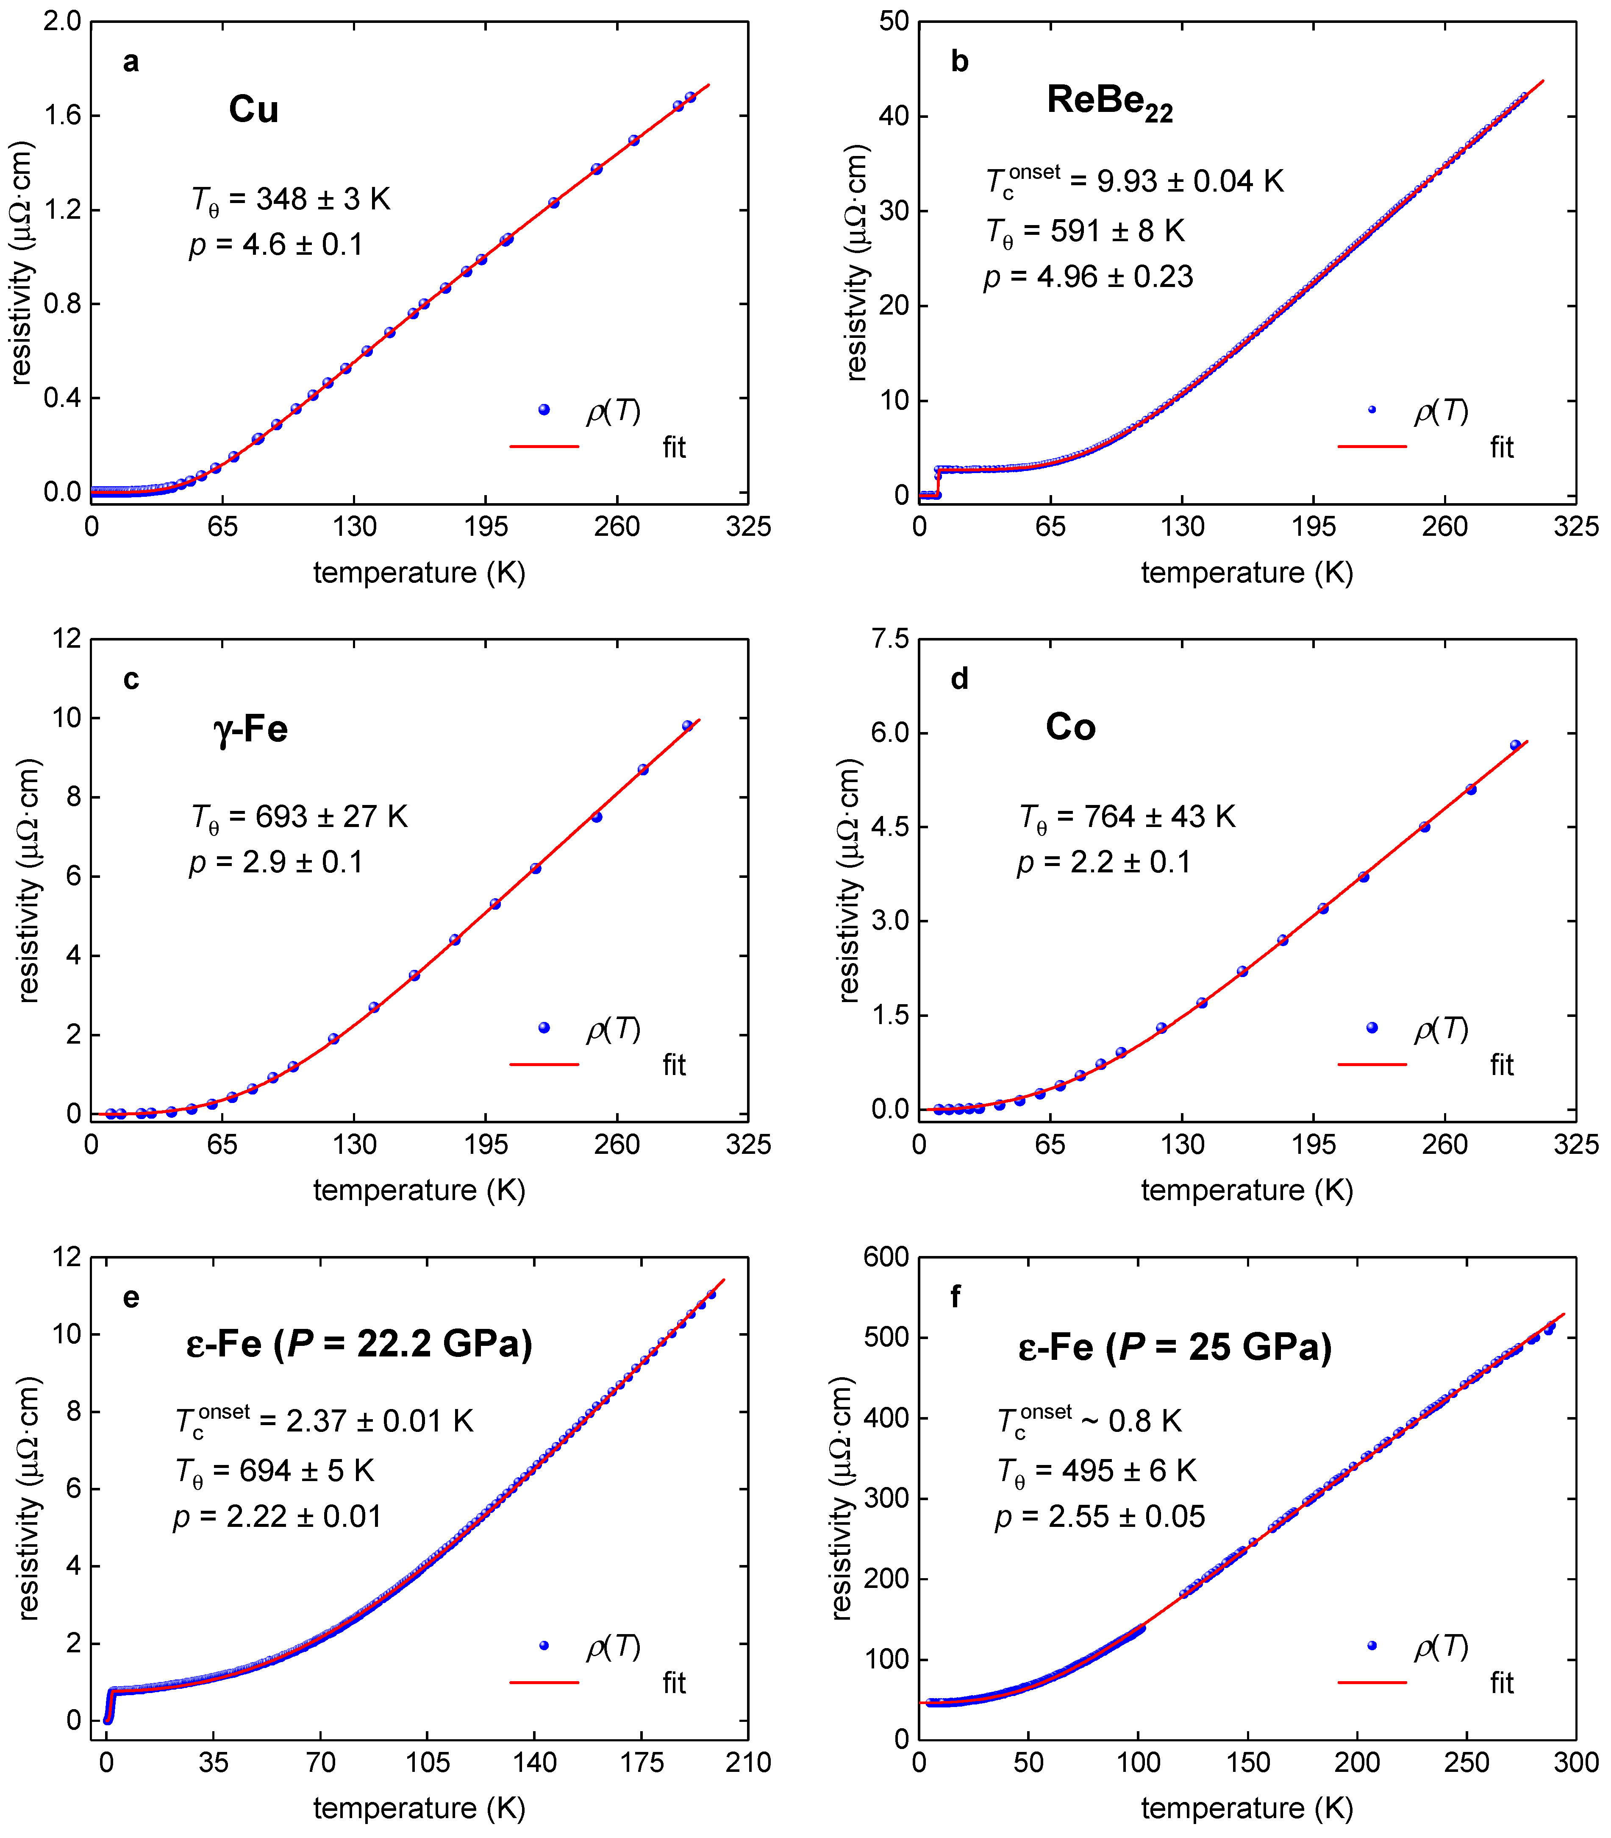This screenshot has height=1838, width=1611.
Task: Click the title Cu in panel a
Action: pos(253,110)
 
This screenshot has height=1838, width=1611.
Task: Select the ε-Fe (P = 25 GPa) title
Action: pos(1174,1346)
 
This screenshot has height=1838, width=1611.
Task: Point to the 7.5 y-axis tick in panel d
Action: pos(890,639)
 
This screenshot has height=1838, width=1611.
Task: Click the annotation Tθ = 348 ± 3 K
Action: pos(290,200)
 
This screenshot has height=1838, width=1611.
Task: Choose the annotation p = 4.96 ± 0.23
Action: pos(1088,277)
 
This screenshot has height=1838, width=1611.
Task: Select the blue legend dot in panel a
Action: pos(544,410)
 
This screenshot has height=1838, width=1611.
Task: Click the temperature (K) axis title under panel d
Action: pos(1247,1190)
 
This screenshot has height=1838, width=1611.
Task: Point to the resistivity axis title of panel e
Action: pos(29,1497)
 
